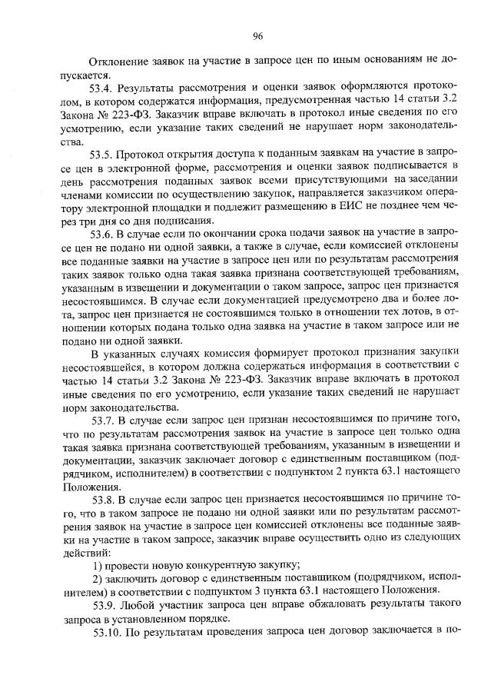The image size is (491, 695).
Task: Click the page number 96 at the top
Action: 257,35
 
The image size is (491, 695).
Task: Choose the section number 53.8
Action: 105,500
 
